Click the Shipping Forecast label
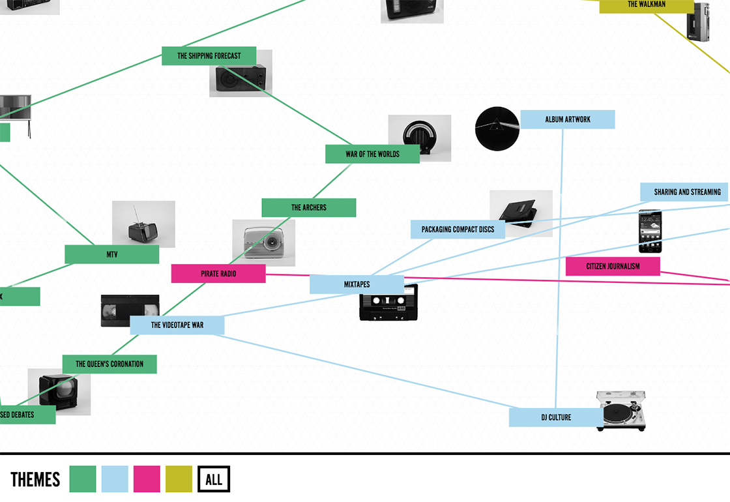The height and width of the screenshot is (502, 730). click(209, 56)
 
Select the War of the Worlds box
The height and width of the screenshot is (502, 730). click(372, 154)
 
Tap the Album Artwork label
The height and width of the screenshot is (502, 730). click(567, 119)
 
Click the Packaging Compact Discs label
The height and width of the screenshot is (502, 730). click(458, 229)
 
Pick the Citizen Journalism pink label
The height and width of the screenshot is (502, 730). click(613, 266)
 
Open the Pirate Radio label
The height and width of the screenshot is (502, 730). click(218, 274)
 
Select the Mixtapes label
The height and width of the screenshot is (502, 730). click(357, 284)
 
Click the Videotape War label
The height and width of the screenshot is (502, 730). click(177, 325)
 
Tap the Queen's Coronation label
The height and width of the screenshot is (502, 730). click(109, 364)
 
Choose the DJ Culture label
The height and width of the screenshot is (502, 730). click(556, 417)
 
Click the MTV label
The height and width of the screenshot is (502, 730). click(111, 254)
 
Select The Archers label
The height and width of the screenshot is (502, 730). click(308, 207)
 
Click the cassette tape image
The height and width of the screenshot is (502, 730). click(388, 304)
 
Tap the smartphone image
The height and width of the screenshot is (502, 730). click(650, 231)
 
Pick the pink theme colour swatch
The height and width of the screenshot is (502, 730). click(147, 479)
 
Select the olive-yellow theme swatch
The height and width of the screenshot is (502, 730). click(179, 479)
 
